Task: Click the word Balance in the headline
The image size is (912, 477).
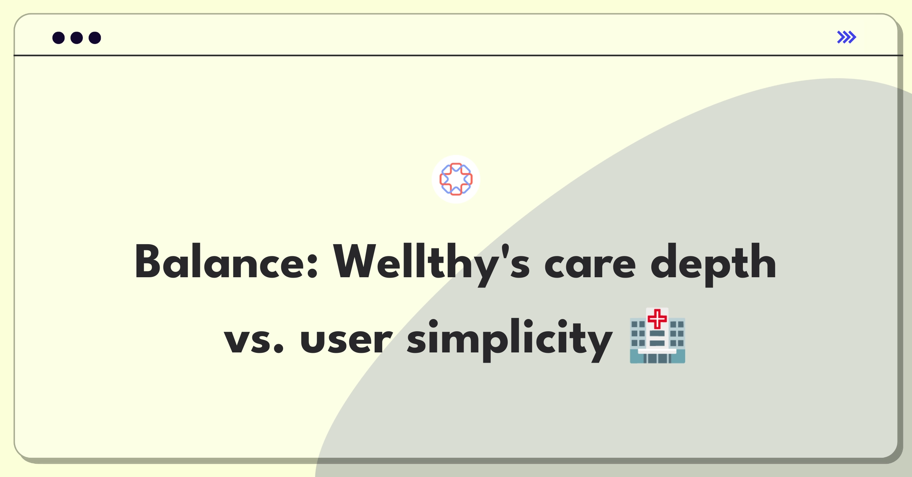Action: pyautogui.click(x=226, y=262)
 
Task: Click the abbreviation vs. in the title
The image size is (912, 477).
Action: pyautogui.click(x=254, y=340)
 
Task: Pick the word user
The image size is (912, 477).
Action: pyautogui.click(x=346, y=340)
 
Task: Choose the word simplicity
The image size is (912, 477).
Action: pyautogui.click(x=510, y=340)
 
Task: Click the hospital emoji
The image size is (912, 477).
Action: pyautogui.click(x=657, y=336)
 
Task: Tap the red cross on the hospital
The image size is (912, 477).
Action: pyautogui.click(x=657, y=319)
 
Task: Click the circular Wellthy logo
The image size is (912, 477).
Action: pyautogui.click(x=456, y=179)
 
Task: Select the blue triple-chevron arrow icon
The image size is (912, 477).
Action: pyautogui.click(x=847, y=37)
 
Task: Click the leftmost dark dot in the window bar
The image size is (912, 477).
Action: pyautogui.click(x=59, y=38)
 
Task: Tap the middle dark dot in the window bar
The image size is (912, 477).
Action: pyautogui.click(x=77, y=38)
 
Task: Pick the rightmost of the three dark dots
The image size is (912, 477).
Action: pyautogui.click(x=95, y=38)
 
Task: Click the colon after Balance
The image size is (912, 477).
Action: pyautogui.click(x=313, y=266)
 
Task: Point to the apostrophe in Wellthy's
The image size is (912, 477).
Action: pyautogui.click(x=505, y=251)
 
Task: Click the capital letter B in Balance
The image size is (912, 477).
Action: pyautogui.click(x=147, y=262)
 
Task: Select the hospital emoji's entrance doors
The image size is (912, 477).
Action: pyautogui.click(x=657, y=358)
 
